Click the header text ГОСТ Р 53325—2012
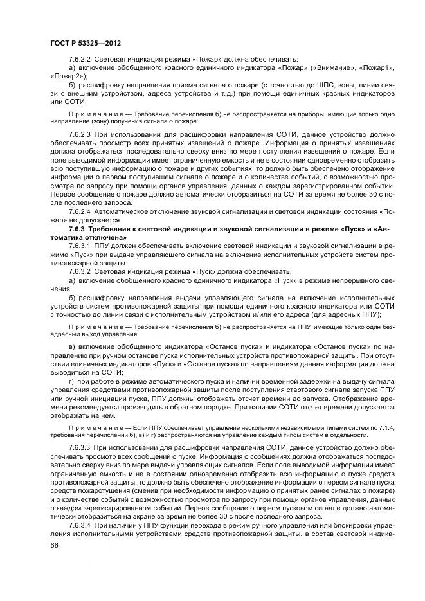click(86, 43)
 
